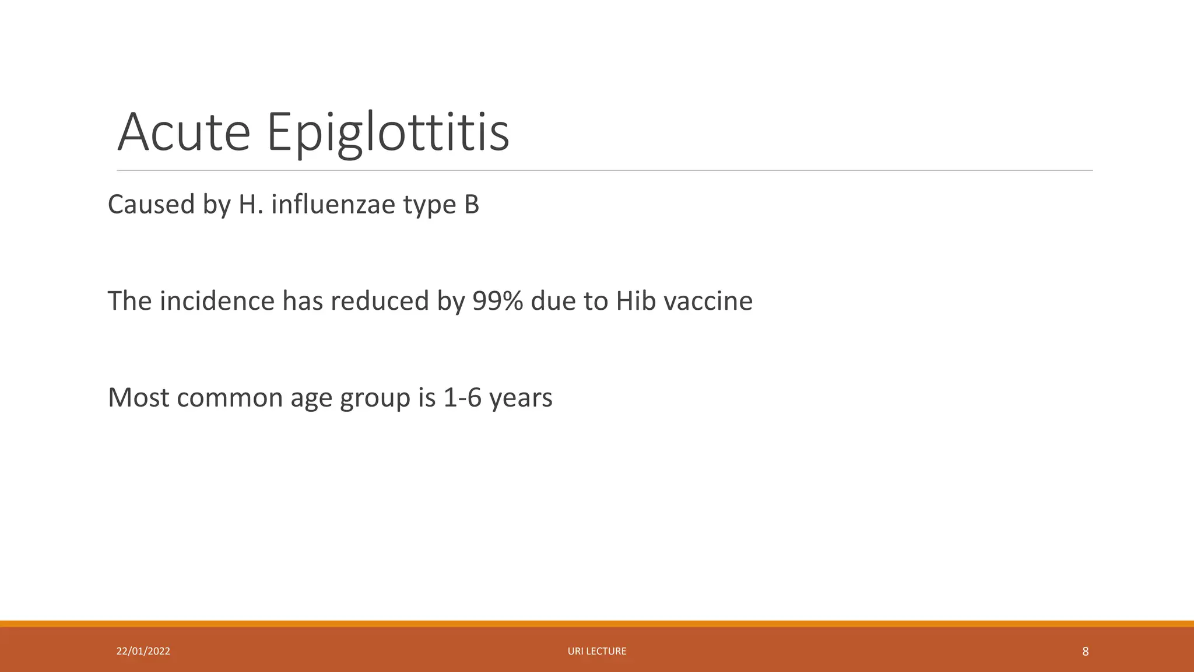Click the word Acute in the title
click(184, 132)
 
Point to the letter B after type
click(472, 205)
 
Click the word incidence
click(217, 301)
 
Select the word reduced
click(380, 301)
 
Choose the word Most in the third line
click(138, 398)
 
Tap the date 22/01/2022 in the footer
click(143, 651)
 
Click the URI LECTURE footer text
click(597, 651)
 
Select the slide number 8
click(1085, 652)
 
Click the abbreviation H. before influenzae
click(251, 205)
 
